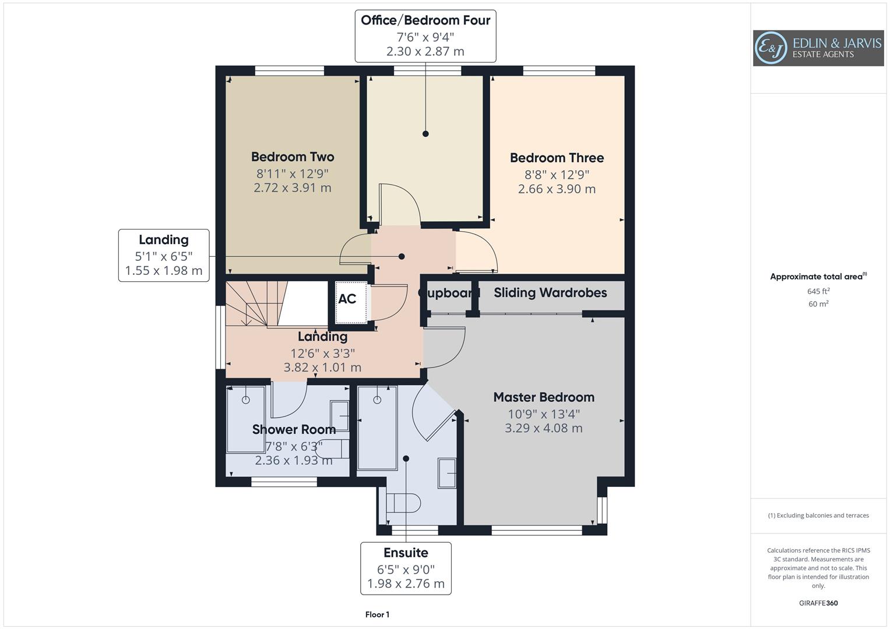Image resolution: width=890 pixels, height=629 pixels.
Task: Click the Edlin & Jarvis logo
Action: tap(818, 48)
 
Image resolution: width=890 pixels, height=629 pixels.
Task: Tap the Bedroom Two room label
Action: tap(293, 157)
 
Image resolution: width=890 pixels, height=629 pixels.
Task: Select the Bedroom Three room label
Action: tap(557, 158)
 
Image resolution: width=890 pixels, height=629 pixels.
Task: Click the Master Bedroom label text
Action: tap(544, 397)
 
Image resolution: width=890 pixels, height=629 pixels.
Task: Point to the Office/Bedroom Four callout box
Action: tap(425, 36)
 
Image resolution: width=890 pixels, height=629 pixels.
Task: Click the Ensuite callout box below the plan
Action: tap(406, 568)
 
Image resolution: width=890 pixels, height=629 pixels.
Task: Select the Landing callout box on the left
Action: tap(164, 255)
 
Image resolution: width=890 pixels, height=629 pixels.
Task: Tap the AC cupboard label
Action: tap(347, 299)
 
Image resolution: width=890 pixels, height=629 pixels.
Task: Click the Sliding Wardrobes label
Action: tap(550, 293)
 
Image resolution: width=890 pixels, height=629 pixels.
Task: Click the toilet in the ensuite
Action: tap(403, 503)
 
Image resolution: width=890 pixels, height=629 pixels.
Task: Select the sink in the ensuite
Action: tap(447, 473)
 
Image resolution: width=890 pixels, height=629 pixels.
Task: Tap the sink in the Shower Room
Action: tap(339, 416)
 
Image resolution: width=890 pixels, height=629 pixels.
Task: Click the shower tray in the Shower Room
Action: tap(245, 419)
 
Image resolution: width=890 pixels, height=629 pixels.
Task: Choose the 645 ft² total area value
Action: tap(818, 291)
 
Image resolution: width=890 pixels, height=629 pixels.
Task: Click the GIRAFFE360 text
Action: tap(818, 603)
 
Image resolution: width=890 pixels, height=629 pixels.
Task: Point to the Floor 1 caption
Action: tap(377, 614)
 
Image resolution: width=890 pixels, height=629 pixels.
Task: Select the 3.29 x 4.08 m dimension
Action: tap(543, 428)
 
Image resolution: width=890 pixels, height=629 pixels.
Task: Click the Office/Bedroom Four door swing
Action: tap(400, 205)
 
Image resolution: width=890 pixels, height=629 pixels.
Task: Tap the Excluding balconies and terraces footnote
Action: tap(818, 515)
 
